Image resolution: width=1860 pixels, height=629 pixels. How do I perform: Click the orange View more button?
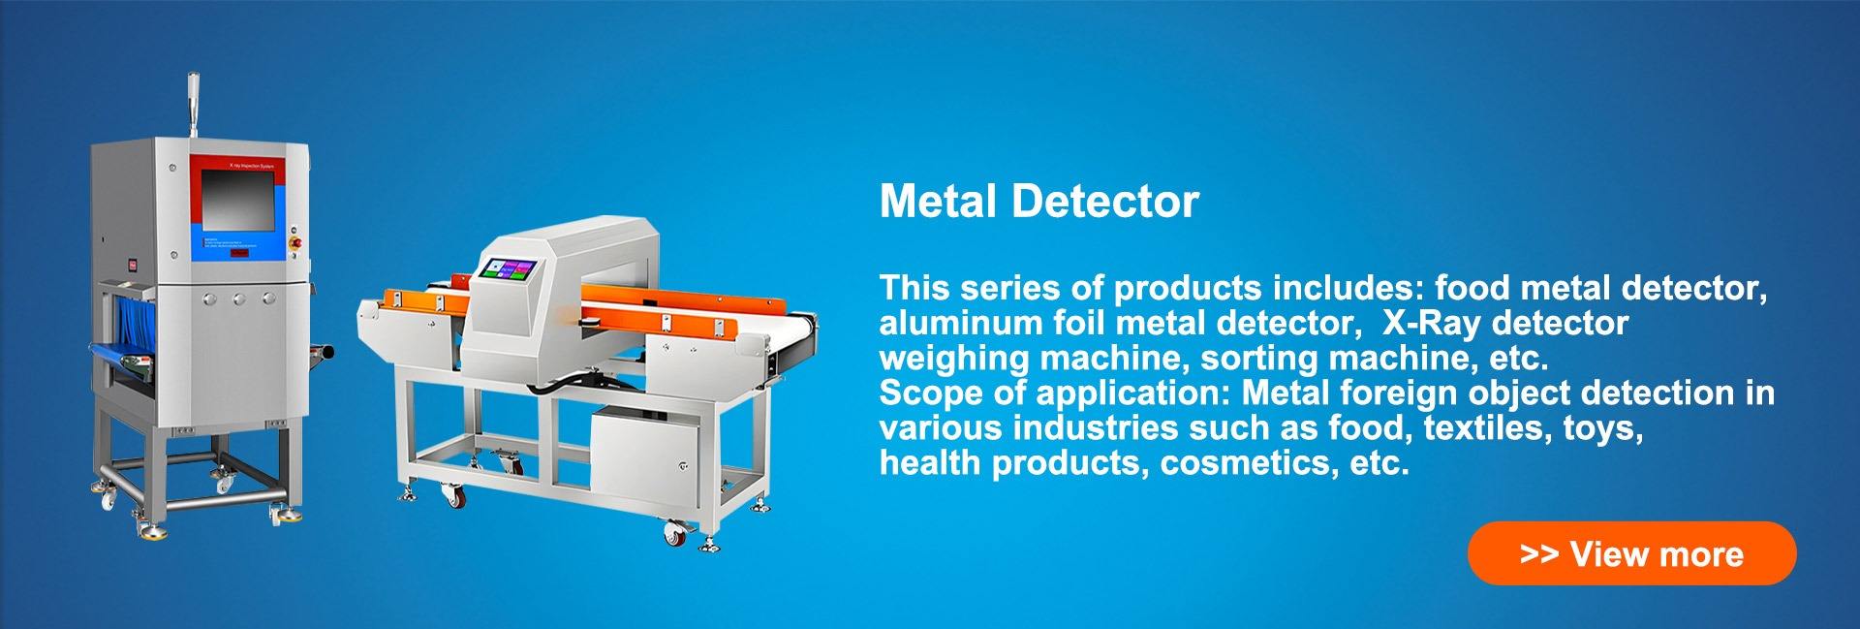pos(1631,553)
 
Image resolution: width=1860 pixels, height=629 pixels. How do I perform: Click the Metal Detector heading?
pos(1038,202)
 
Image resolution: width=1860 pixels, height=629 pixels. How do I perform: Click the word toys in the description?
pos(1602,428)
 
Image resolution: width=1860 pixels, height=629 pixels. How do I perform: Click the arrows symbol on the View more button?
pos(1539,554)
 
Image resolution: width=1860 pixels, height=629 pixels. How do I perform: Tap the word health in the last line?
pos(930,463)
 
